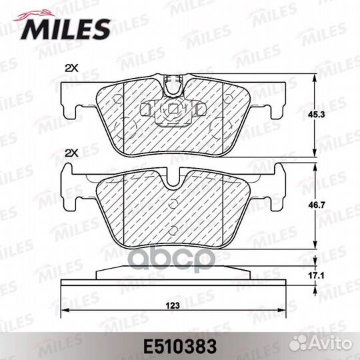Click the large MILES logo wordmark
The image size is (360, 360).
(x=65, y=29)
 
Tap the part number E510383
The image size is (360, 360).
(x=180, y=347)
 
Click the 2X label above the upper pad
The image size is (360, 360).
(x=71, y=68)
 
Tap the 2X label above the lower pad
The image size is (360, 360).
(x=71, y=153)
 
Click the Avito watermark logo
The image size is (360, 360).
(x=320, y=344)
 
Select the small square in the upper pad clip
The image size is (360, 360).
(x=173, y=109)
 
